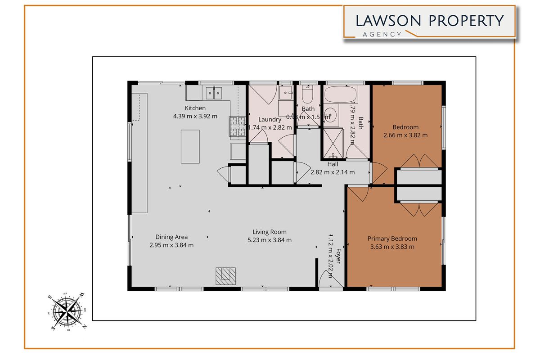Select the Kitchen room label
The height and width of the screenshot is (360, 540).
pos(195,108)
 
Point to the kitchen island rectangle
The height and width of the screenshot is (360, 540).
pos(190,146)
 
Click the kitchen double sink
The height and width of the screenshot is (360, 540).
pos(213,93)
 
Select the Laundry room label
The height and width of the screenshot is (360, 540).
pos(270,120)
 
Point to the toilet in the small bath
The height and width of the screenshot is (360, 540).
pos(308,95)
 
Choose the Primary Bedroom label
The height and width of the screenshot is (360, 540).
pos(392,238)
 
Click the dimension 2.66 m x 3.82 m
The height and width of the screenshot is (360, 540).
pos(405,135)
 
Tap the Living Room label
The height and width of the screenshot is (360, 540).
pos(270,232)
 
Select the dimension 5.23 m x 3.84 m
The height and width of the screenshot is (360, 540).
pos(270,240)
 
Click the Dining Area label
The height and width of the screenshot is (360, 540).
pos(171,237)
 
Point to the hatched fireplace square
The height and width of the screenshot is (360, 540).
pos(225,275)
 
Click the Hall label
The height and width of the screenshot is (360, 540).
pos(333,164)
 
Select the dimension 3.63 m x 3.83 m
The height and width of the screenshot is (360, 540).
pos(392,247)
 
